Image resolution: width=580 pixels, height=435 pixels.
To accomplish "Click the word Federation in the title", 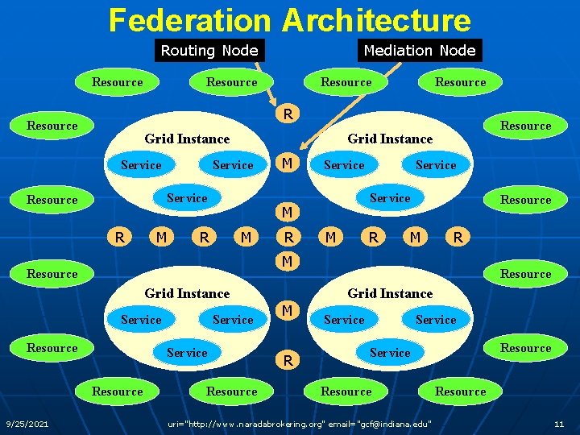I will [189, 20].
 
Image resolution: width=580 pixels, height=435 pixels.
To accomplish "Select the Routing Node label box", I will [209, 51].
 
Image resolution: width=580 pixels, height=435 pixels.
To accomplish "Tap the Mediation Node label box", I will [420, 51].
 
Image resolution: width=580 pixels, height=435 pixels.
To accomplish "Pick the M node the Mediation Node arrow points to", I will [286, 164].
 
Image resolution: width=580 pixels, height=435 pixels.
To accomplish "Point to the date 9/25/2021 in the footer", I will [27, 424].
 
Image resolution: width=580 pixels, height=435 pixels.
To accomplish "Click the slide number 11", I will [559, 424].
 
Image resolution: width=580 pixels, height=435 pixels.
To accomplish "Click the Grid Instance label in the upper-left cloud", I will [187, 139].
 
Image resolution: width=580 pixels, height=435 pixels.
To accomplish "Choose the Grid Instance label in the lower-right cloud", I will [390, 293].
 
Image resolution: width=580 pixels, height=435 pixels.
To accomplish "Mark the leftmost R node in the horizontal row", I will [120, 237].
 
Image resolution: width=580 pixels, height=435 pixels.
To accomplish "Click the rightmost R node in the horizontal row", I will [458, 237].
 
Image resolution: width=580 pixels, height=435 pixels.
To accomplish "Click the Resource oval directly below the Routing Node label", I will [231, 82].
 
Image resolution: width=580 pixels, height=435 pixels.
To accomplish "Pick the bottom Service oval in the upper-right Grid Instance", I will [390, 198].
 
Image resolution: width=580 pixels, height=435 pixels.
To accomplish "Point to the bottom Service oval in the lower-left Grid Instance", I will [187, 353].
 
